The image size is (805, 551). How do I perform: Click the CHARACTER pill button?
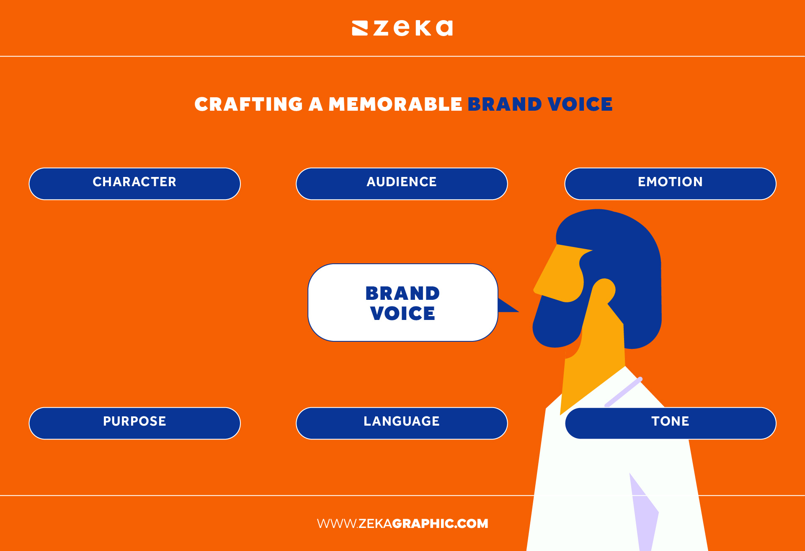(134, 184)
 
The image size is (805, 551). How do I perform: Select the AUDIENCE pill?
(402, 184)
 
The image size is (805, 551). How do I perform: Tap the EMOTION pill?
(670, 184)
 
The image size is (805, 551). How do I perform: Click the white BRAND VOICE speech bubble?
(402, 302)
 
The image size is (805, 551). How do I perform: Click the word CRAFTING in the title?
(248, 104)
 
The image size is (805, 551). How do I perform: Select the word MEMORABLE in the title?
(395, 104)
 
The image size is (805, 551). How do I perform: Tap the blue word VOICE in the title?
(580, 104)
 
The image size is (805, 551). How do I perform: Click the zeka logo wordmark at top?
(413, 28)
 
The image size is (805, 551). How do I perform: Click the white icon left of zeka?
(360, 28)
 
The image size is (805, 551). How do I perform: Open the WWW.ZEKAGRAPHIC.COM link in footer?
(402, 523)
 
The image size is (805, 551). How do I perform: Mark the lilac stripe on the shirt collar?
(623, 392)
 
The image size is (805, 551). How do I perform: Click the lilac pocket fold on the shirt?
(643, 512)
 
